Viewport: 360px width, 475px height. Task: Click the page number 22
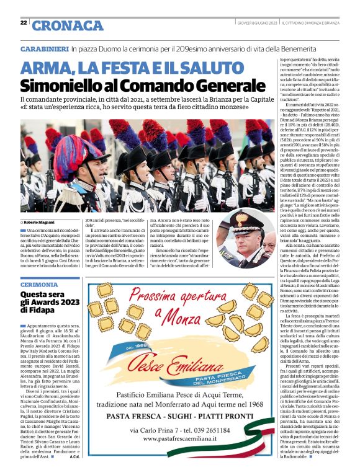24,23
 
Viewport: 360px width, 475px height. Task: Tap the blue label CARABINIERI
43,48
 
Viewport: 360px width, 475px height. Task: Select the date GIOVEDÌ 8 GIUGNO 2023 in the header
257,23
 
